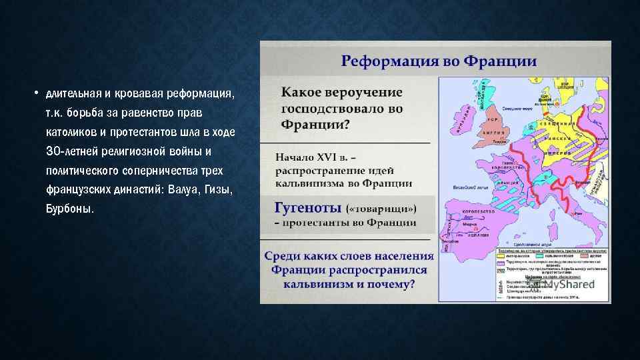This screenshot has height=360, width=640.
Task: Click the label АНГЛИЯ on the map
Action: pyautogui.click(x=496, y=132)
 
